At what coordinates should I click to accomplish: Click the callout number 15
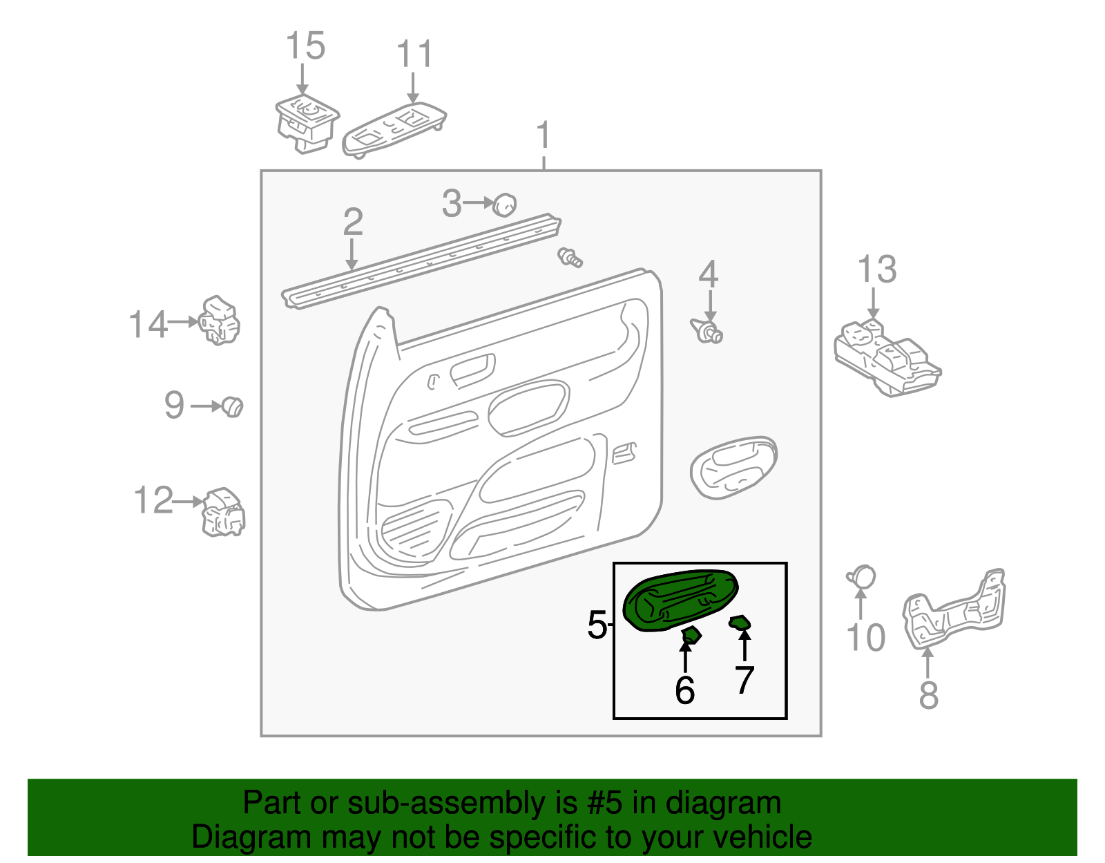point(306,46)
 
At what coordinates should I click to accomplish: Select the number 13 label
point(876,269)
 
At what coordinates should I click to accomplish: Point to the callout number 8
point(928,694)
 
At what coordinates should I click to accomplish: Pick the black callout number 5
point(597,625)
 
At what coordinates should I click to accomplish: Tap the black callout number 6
point(685,690)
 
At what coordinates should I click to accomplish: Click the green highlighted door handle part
point(680,600)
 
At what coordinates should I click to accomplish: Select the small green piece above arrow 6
point(691,635)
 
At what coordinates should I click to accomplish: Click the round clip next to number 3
point(504,205)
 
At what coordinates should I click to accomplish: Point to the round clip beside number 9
point(233,407)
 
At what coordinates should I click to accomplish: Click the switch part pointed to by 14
point(219,321)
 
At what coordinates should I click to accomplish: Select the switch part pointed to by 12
point(223,512)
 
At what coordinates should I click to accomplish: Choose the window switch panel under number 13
point(887,358)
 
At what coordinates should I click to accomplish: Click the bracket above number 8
point(954,610)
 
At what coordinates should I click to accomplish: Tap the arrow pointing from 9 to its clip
point(206,406)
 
